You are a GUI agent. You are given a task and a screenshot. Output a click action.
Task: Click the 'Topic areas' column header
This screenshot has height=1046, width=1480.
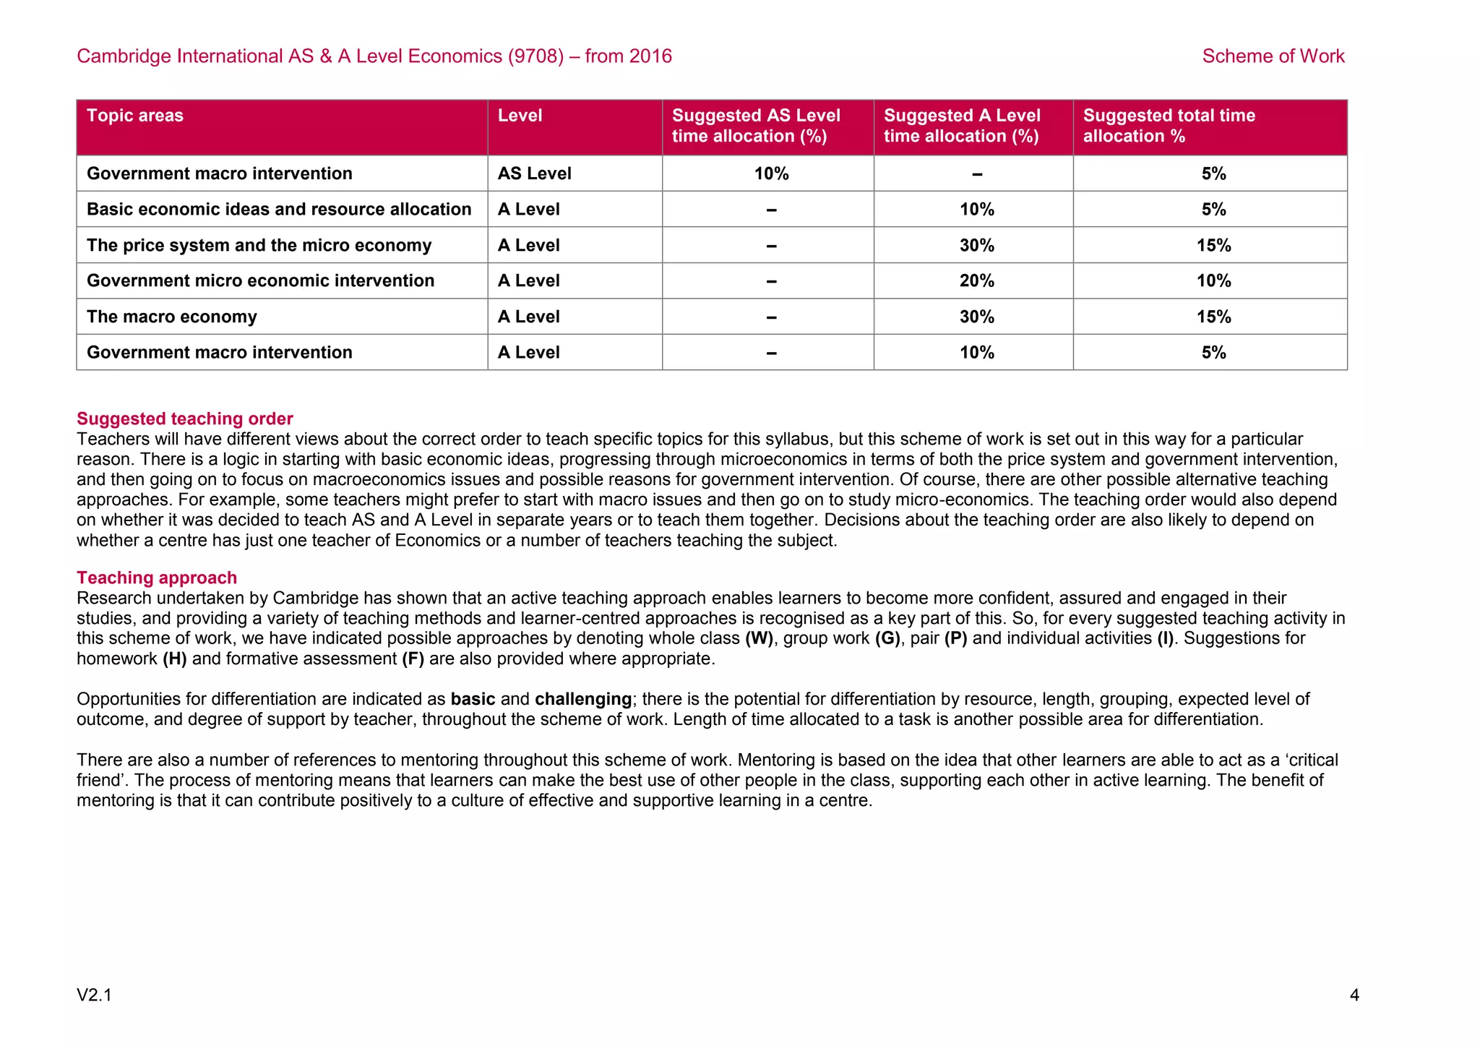pyautogui.click(x=135, y=116)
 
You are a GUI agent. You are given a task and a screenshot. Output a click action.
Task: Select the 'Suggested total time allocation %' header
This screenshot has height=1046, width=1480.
pyautogui.click(x=1169, y=126)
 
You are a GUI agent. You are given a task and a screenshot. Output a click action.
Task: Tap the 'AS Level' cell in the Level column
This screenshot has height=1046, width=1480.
pyautogui.click(x=534, y=173)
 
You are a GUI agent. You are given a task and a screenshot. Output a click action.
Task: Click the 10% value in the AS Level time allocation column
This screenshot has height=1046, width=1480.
pyautogui.click(x=771, y=173)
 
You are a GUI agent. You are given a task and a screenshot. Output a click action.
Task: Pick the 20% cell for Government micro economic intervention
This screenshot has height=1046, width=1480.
pyautogui.click(x=976, y=280)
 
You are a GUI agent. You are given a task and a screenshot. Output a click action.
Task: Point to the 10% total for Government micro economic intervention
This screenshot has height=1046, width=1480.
pyautogui.click(x=1213, y=280)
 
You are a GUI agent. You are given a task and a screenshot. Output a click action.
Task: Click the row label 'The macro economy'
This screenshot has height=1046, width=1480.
pyautogui.click(x=172, y=317)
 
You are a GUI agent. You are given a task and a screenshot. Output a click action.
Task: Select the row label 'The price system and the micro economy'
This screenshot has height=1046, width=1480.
pyautogui.click(x=259, y=245)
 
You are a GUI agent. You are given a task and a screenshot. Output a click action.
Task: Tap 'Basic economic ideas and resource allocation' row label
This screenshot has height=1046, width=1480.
pyautogui.click(x=279, y=209)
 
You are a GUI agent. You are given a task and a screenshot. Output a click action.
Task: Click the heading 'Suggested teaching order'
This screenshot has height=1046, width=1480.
pyautogui.click(x=185, y=419)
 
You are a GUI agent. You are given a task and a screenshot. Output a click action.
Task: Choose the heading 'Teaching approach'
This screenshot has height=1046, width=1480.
pyautogui.click(x=157, y=578)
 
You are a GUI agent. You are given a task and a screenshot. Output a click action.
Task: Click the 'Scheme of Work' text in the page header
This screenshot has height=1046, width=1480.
pyautogui.click(x=1273, y=56)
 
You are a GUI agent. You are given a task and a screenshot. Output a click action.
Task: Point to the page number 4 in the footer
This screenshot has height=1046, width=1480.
pyautogui.click(x=1354, y=995)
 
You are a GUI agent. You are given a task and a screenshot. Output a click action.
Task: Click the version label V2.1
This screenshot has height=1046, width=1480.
pyautogui.click(x=94, y=995)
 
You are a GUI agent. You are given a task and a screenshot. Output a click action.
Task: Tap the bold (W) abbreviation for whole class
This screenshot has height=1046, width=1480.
pyautogui.click(x=759, y=638)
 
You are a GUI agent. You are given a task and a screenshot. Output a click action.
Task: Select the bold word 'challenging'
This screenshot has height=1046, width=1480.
pyautogui.click(x=583, y=699)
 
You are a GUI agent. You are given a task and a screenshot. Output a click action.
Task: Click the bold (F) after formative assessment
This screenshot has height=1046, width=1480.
pyautogui.click(x=413, y=659)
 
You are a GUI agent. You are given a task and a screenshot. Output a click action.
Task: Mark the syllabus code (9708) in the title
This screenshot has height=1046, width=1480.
pyautogui.click(x=535, y=56)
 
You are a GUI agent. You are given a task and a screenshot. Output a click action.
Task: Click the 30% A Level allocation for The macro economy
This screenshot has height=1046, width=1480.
pyautogui.click(x=976, y=317)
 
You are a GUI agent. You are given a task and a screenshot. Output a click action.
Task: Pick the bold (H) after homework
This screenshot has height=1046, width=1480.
pyautogui.click(x=174, y=659)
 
